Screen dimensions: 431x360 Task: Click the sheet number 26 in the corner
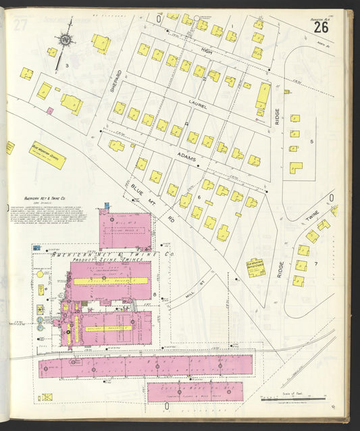(321, 28)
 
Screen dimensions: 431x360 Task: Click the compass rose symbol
(66, 40)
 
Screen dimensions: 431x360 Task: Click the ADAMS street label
(187, 158)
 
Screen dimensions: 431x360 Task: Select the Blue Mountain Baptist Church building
(255, 267)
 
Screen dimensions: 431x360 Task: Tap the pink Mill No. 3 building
(126, 230)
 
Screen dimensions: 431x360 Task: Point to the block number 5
(311, 141)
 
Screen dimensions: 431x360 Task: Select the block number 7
(315, 263)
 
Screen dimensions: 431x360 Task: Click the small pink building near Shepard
(49, 110)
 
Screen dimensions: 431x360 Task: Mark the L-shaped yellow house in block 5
(296, 167)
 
